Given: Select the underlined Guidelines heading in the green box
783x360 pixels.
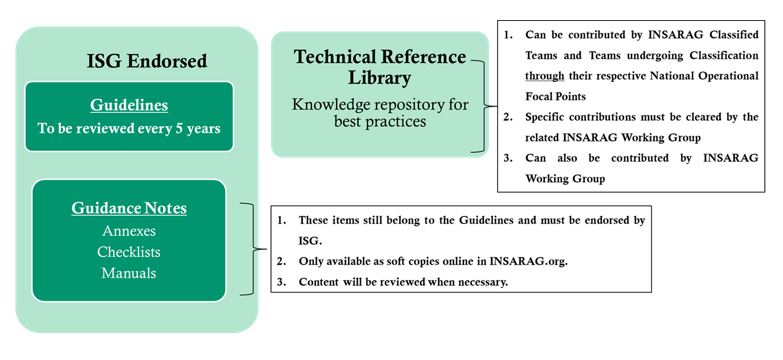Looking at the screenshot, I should pos(128,103).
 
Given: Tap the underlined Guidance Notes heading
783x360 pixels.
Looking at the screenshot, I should pos(128,210).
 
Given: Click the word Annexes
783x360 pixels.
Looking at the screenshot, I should pos(128,231).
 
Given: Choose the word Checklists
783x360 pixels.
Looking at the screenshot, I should pos(128,251).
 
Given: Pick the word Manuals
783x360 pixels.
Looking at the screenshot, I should pos(128,271).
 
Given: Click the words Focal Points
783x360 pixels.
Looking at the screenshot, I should pos(560,95).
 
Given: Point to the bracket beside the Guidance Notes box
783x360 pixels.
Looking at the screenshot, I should pos(256,249).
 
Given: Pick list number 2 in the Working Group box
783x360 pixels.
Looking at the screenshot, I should pos(509,116).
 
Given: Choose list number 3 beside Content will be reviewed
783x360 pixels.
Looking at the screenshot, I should pos(281,282).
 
